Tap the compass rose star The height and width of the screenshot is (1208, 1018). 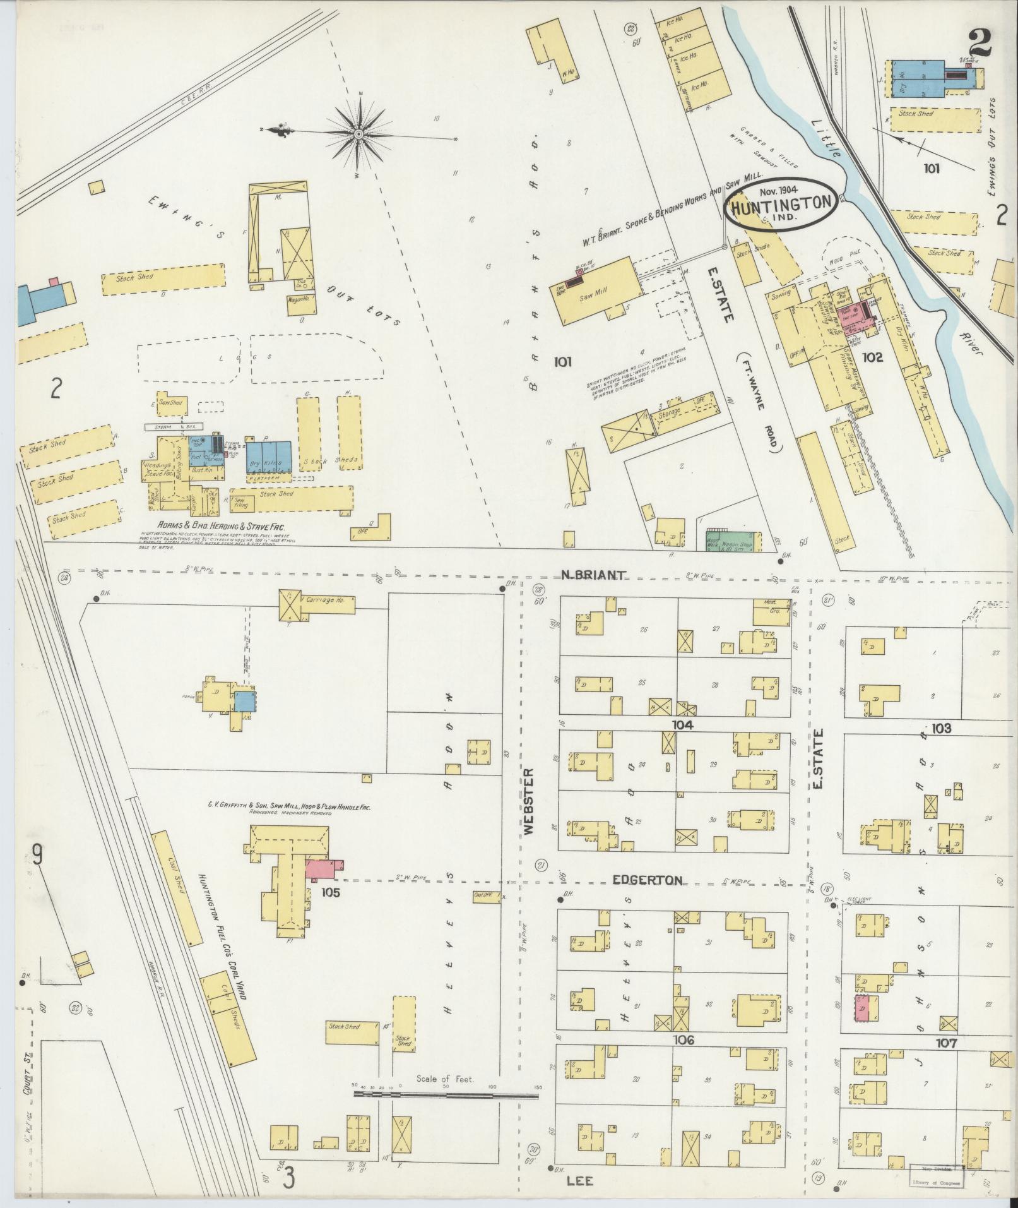click(x=358, y=133)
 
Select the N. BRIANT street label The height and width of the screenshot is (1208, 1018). click(x=593, y=575)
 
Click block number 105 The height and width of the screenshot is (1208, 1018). click(x=331, y=892)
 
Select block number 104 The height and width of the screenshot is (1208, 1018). click(x=683, y=725)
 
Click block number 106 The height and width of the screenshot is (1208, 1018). click(x=684, y=1040)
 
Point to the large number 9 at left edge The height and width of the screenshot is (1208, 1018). click(x=37, y=856)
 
